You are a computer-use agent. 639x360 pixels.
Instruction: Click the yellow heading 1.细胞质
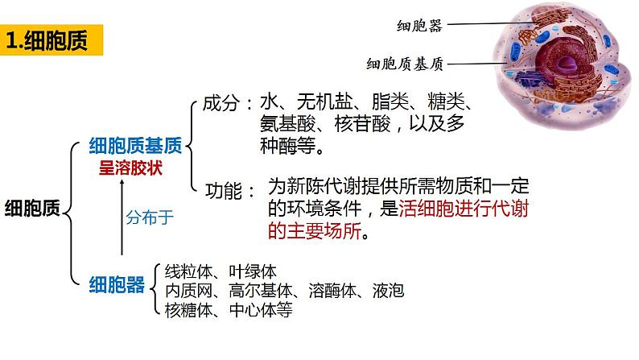coord(52,40)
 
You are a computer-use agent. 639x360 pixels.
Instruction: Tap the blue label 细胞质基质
coord(137,145)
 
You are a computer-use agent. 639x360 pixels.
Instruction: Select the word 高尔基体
coord(262,290)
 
